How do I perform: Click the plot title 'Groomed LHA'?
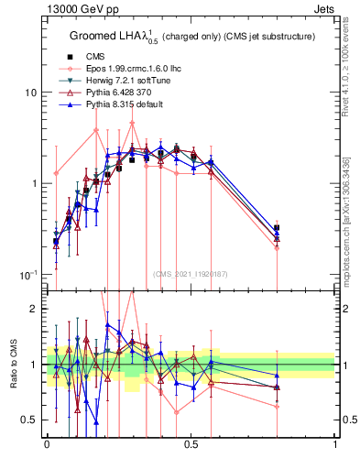(120, 36)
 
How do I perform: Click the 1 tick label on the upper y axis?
(33, 184)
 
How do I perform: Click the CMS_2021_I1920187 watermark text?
(190, 273)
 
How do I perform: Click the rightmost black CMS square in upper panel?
(277, 228)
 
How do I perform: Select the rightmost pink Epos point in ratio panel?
(277, 407)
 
